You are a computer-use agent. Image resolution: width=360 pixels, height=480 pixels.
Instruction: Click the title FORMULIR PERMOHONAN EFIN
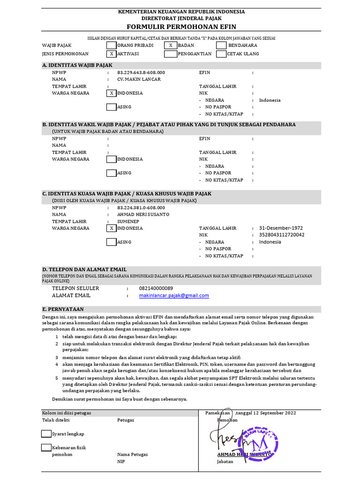(x=180, y=27)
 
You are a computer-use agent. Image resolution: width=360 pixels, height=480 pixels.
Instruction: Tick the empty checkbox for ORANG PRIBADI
(x=111, y=45)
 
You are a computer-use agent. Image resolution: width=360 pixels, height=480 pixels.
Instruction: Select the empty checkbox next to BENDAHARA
(x=221, y=45)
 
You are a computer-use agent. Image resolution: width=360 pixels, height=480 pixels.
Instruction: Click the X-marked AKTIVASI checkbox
(x=111, y=54)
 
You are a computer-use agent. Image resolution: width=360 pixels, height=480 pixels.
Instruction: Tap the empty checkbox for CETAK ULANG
(x=221, y=54)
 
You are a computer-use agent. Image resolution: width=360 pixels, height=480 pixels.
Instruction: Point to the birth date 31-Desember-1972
(x=281, y=228)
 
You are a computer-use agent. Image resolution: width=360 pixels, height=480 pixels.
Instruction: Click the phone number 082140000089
(x=156, y=288)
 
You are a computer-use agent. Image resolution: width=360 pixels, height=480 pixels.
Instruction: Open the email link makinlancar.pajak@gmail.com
(x=174, y=296)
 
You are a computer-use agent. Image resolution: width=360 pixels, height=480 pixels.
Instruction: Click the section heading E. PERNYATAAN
(x=63, y=309)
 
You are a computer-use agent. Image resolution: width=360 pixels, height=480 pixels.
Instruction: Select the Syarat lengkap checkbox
(x=46, y=434)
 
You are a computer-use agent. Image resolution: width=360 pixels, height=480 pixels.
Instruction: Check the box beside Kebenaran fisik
(x=46, y=448)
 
